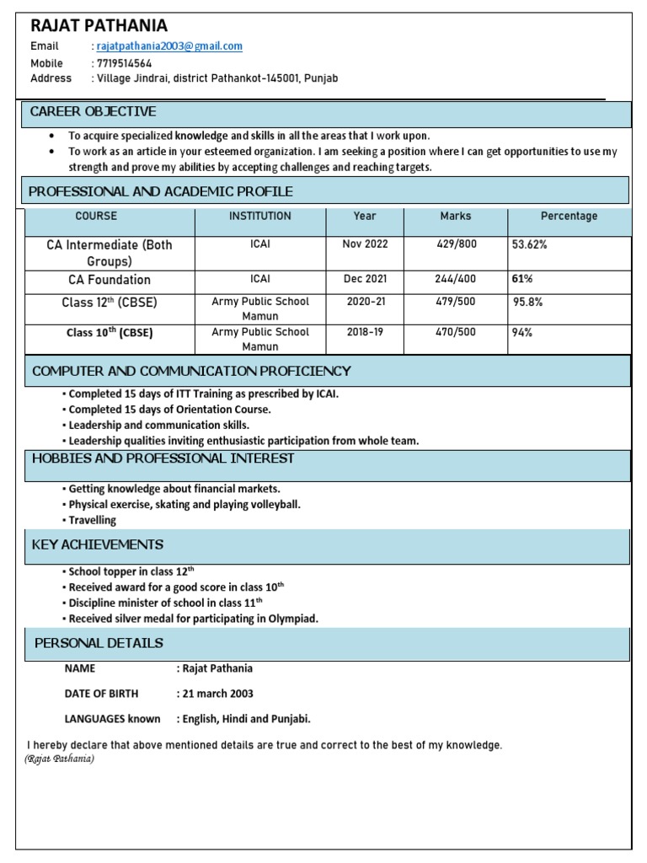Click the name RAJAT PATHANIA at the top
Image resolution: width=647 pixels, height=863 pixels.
(x=99, y=26)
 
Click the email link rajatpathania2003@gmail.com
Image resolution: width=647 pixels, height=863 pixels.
(x=169, y=46)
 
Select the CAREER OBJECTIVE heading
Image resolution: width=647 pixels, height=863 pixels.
(x=93, y=112)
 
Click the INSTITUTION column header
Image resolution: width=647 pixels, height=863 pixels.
(x=260, y=217)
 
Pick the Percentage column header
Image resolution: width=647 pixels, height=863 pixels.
(x=569, y=217)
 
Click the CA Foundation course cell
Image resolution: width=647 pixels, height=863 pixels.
(x=110, y=280)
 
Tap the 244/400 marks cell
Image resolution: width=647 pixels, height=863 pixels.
(x=456, y=279)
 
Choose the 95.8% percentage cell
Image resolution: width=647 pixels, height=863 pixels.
(x=529, y=302)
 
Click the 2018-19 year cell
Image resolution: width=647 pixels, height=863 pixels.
(x=365, y=332)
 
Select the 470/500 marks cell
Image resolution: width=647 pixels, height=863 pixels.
(x=456, y=332)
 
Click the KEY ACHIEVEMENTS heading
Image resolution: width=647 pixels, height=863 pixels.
(x=98, y=545)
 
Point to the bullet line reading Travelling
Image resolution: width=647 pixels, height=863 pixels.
(x=92, y=521)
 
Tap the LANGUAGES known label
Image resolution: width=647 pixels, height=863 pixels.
(x=112, y=719)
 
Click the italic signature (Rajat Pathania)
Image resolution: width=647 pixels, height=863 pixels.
(x=59, y=759)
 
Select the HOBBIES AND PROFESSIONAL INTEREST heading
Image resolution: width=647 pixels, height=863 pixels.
(x=163, y=458)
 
